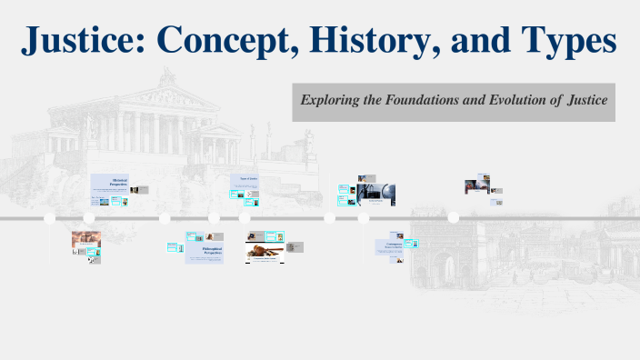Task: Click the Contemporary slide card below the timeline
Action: click(x=394, y=245)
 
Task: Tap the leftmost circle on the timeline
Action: click(x=50, y=218)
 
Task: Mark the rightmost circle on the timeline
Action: click(x=453, y=217)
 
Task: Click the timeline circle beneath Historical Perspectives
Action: click(x=89, y=218)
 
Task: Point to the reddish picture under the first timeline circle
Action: click(x=86, y=240)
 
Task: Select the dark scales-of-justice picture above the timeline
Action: click(x=375, y=192)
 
